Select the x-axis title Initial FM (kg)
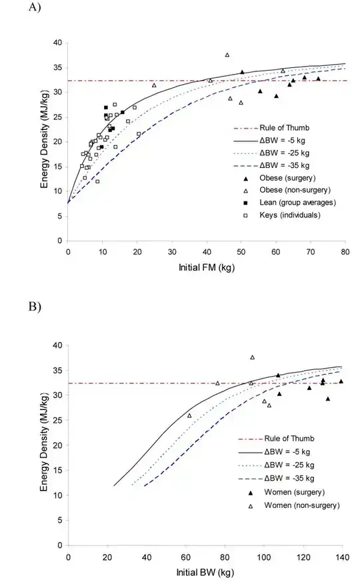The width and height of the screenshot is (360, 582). (207, 267)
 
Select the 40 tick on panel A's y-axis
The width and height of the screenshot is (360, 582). (58, 43)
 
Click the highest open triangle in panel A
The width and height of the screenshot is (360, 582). (227, 55)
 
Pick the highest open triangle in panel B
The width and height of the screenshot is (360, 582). (252, 357)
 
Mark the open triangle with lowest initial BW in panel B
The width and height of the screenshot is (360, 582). (189, 415)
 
